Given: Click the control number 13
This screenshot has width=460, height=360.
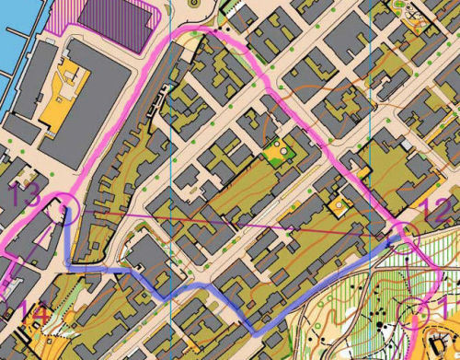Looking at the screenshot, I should (26, 194).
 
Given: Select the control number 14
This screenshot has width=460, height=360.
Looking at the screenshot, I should (33, 315).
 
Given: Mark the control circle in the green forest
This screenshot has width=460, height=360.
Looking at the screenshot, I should (414, 311).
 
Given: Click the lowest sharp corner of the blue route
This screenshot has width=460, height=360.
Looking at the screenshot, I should (255, 331).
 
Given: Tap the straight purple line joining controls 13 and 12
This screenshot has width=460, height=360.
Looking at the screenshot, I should (230, 222).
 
